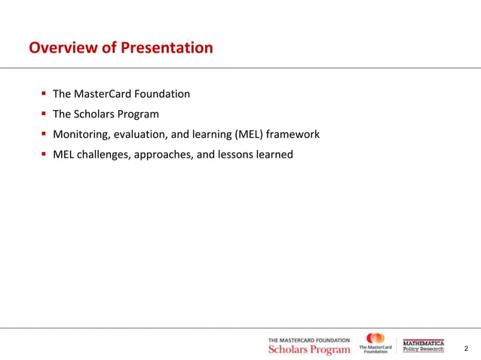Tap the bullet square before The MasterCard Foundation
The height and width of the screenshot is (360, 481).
click(44, 94)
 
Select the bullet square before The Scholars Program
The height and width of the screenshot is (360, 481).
click(44, 114)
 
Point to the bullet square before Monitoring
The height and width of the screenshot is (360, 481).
click(44, 135)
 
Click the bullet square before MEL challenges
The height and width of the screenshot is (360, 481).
click(44, 155)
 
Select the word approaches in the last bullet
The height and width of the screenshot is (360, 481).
click(166, 155)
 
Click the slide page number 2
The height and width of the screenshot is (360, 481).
click(466, 349)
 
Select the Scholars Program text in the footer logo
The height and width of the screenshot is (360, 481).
click(309, 350)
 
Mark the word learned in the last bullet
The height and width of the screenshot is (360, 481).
click(274, 155)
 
